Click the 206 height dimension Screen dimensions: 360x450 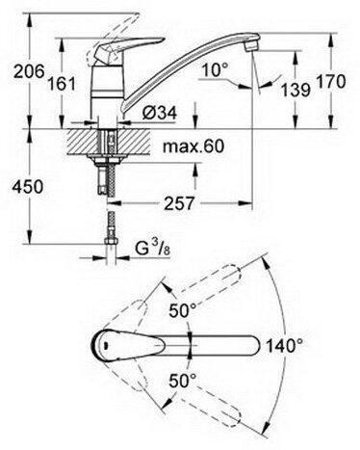(29, 71)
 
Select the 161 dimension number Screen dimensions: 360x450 (62, 84)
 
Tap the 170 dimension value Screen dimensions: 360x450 (331, 82)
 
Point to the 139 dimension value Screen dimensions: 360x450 (296, 90)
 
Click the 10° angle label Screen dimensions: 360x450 (216, 69)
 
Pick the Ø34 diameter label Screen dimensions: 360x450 (160, 113)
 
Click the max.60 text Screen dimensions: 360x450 (193, 146)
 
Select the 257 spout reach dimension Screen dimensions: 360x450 (179, 203)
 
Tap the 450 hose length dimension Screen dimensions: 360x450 (27, 187)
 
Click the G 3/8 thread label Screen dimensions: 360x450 (152, 250)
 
